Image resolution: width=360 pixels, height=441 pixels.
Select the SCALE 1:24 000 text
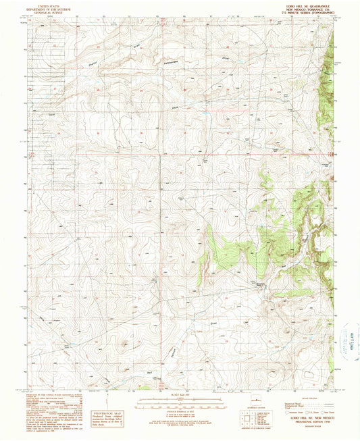point(180,394)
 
